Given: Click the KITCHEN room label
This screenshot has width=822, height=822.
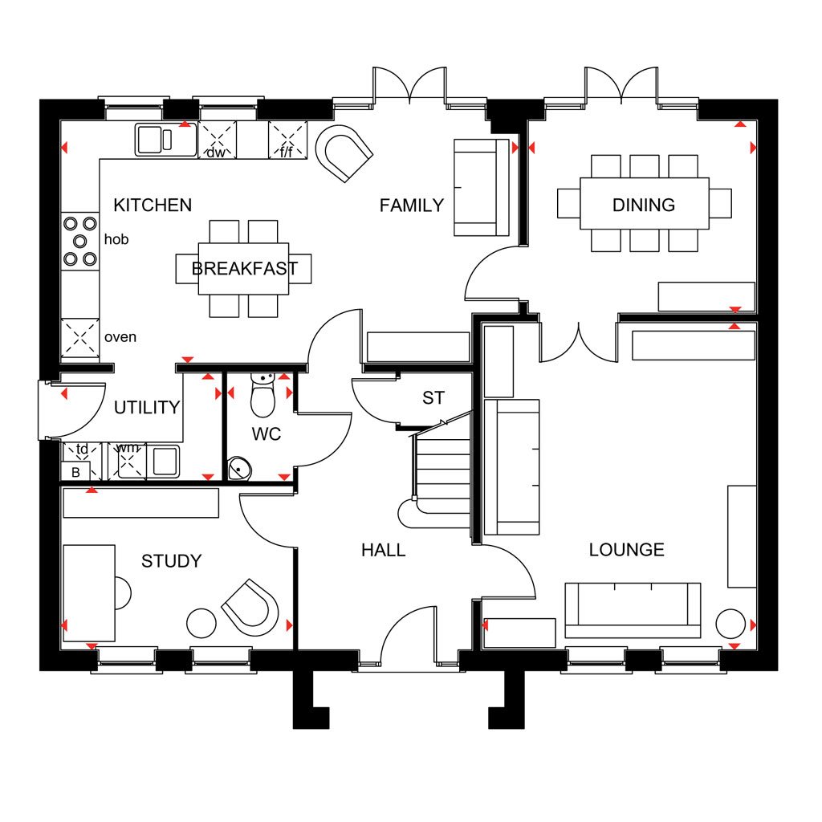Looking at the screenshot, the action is (x=153, y=205).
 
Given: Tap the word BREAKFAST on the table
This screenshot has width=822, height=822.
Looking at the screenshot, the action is (x=244, y=268).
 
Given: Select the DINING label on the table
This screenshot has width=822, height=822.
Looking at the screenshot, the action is (x=644, y=205).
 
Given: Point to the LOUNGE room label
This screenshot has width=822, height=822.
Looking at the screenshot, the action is (x=626, y=550).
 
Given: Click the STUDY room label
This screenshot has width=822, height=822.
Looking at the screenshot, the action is (x=172, y=561).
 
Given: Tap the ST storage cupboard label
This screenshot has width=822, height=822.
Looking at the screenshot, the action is (x=433, y=398).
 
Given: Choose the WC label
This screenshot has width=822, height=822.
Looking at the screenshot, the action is (x=267, y=434).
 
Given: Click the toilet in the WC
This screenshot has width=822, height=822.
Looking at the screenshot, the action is (x=262, y=395).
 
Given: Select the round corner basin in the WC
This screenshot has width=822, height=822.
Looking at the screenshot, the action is (x=239, y=468).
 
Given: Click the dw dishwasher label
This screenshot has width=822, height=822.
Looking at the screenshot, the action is (x=215, y=153).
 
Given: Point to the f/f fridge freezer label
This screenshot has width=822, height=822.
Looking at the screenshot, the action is (x=287, y=152).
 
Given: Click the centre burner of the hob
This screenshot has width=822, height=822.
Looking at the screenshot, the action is (x=79, y=241).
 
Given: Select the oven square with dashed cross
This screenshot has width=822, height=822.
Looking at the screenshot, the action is (x=79, y=338).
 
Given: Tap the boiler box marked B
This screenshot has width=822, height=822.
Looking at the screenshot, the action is (x=76, y=472).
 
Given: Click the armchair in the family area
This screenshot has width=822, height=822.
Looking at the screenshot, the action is (x=344, y=153).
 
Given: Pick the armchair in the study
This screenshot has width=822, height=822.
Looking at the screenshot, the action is (x=250, y=607).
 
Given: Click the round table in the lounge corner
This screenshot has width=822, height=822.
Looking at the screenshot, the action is (x=730, y=624).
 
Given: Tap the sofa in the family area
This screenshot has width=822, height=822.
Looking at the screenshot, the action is (x=482, y=188).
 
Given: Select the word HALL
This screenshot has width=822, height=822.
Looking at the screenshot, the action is (x=383, y=551).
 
